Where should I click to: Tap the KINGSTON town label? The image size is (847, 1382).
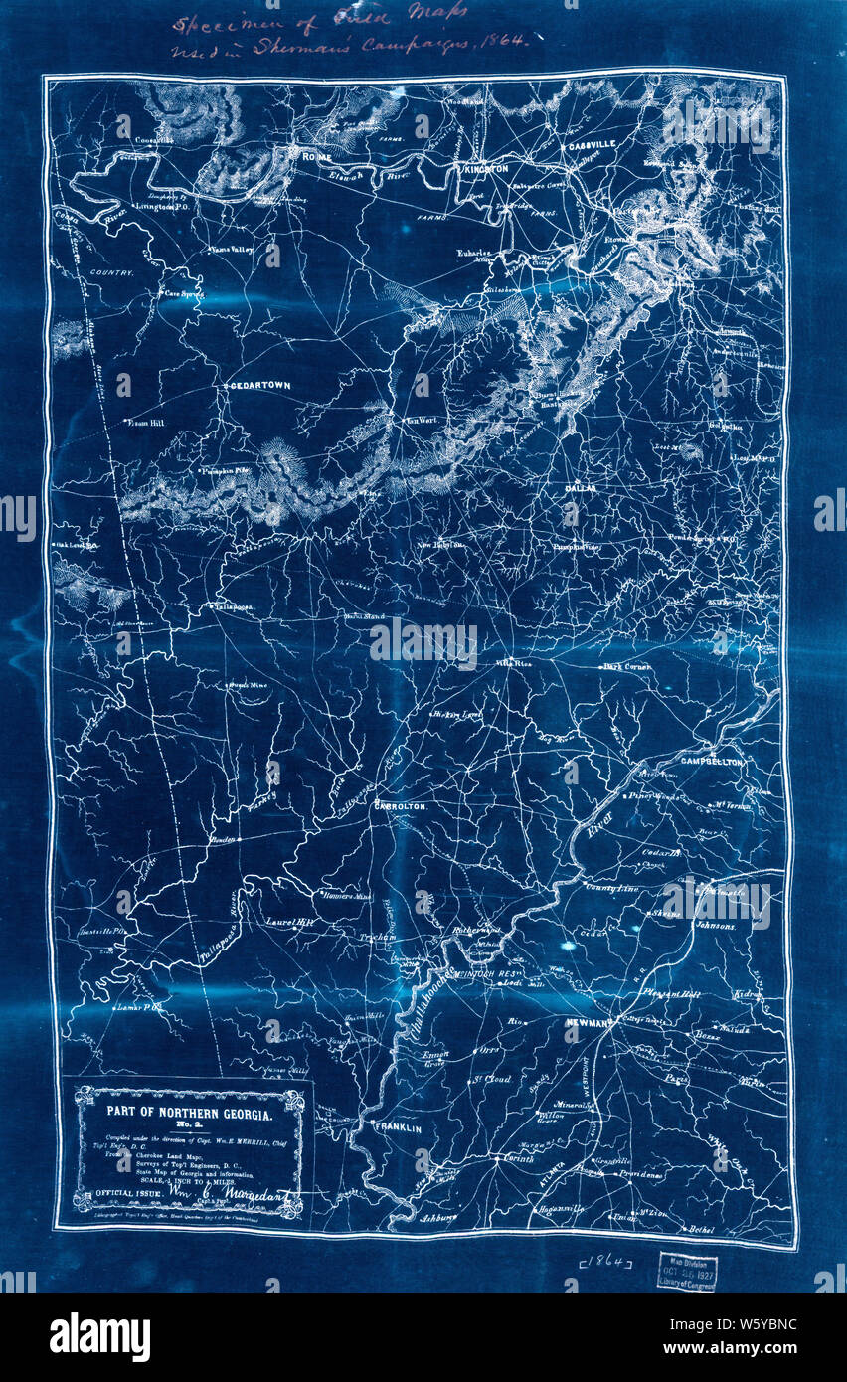pos(484,170)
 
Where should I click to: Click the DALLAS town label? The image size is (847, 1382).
pos(569,489)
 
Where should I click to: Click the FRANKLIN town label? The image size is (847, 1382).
pos(397,1128)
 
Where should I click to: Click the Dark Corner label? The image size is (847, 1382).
pos(628,666)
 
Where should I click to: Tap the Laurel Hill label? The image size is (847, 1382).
pos(289,922)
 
